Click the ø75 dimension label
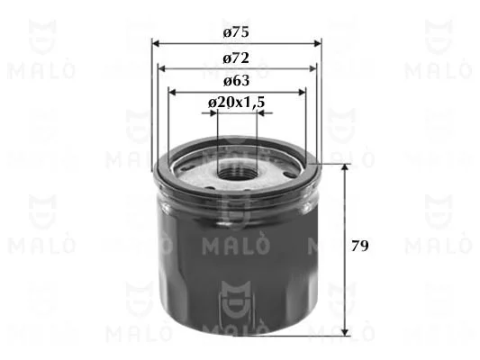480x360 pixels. click(236, 32)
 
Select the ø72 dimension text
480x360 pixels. click(236, 58)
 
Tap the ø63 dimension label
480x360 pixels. click(236, 81)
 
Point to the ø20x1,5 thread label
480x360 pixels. click(236, 103)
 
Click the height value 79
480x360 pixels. click(359, 246)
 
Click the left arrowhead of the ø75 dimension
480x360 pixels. click(156, 43)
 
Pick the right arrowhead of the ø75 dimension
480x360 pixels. click(318, 43)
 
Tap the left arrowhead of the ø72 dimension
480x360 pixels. click(161, 68)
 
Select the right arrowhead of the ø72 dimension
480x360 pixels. click(312, 68)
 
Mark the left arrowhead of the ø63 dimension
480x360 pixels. click(173, 92)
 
